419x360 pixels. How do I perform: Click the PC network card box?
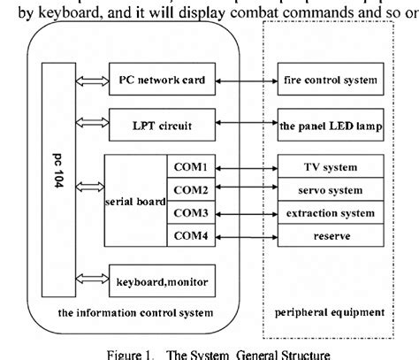point(161,80)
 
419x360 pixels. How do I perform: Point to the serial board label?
point(134,202)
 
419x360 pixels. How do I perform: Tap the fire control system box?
point(329,80)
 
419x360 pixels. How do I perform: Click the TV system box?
point(329,167)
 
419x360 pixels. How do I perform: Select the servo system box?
point(329,190)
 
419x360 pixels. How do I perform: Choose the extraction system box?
point(329,213)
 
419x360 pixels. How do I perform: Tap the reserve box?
point(329,236)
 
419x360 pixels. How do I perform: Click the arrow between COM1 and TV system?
point(246,167)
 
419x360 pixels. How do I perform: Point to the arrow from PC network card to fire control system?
point(246,80)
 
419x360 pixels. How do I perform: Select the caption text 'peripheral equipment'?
point(329,311)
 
